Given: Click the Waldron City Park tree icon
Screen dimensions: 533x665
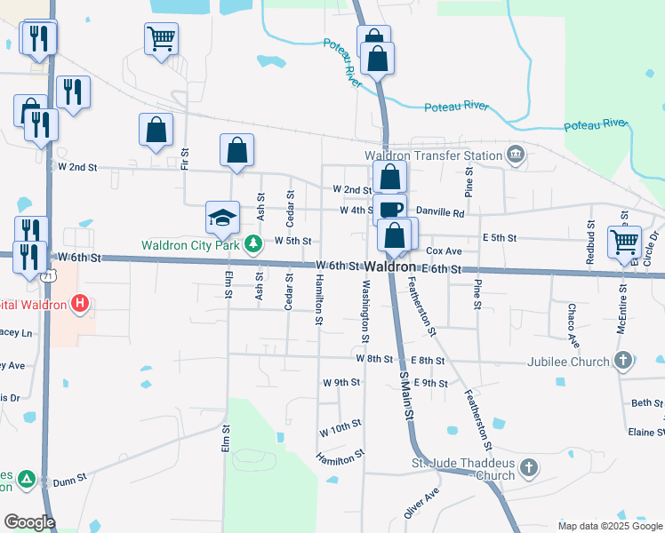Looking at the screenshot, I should click(x=253, y=243).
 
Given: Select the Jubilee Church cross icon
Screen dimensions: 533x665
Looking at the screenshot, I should click(x=623, y=361).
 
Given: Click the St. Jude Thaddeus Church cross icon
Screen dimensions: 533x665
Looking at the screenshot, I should click(x=528, y=467).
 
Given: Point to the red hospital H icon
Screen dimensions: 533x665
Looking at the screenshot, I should click(x=80, y=304).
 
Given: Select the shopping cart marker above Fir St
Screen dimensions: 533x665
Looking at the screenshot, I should click(x=161, y=38).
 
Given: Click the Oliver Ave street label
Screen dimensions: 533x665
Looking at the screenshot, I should click(x=421, y=505).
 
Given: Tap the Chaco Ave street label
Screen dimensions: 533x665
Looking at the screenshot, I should click(x=573, y=325).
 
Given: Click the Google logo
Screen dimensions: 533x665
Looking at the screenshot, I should click(x=29, y=522).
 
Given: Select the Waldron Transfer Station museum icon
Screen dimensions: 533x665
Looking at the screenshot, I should click(x=515, y=155).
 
